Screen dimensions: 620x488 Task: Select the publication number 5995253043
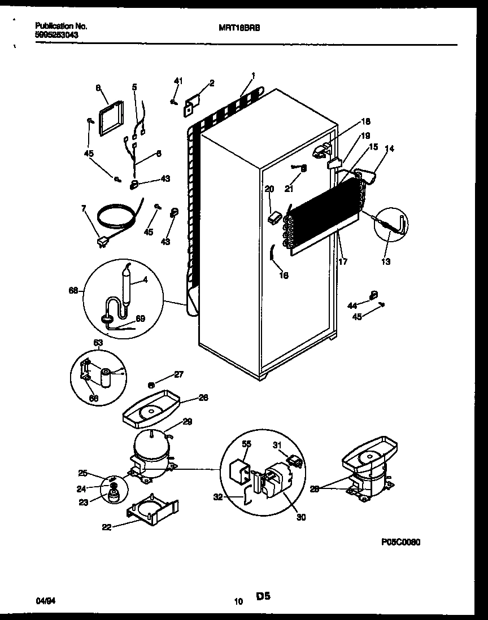coord(56,34)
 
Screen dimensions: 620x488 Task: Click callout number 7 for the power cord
coord(84,209)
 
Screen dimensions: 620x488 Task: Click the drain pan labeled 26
coord(150,407)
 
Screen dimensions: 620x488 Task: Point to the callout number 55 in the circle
coord(246,445)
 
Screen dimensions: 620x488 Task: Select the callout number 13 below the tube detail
coord(386,261)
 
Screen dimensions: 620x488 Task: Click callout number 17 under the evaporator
coord(343,261)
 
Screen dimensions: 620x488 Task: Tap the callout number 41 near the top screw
coord(178,82)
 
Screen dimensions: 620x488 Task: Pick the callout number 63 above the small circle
coord(98,342)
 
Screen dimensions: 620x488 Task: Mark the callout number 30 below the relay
coord(301,517)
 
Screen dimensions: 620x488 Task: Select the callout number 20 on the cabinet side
coord(269,189)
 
